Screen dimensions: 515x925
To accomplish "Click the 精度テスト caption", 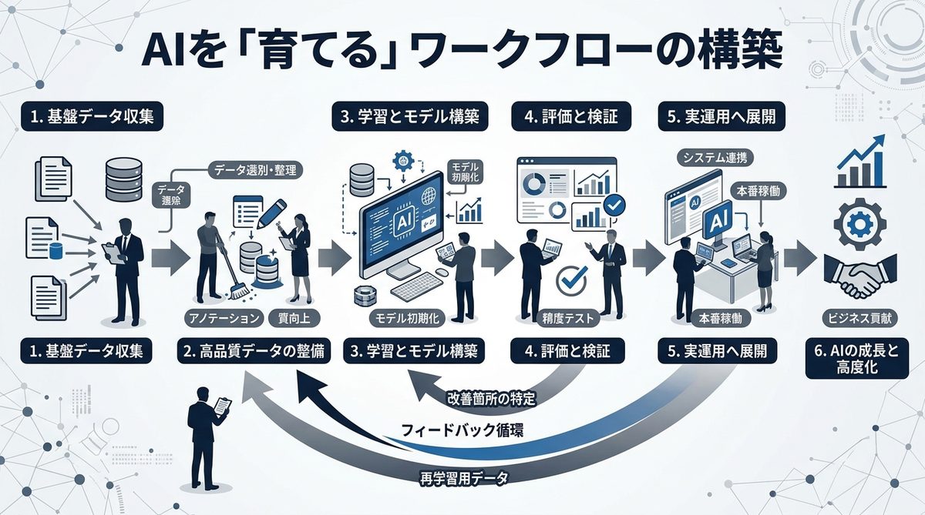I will click(x=565, y=317).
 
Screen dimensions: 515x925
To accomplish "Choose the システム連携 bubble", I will click(x=716, y=158).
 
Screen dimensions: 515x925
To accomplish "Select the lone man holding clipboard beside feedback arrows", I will click(x=207, y=435).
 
